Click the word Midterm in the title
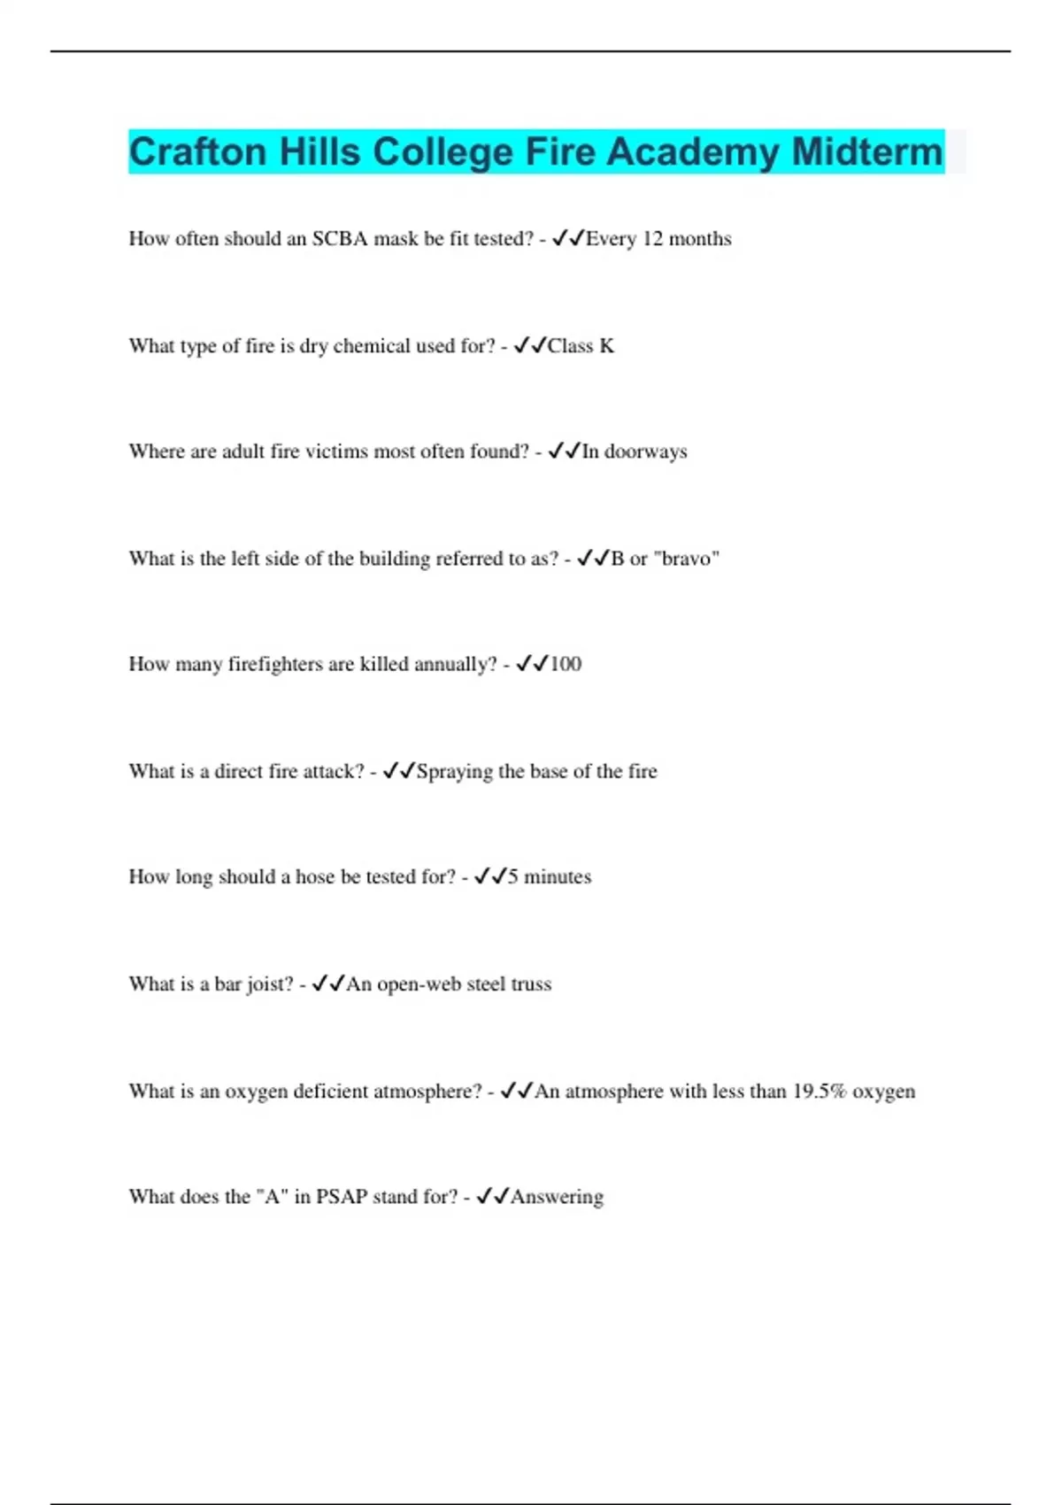coord(867,152)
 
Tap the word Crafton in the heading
coord(197,152)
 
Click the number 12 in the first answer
coord(652,239)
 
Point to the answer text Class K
coord(581,346)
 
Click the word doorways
coord(645,451)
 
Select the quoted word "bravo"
coord(686,559)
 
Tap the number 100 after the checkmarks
coord(566,664)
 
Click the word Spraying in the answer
coord(454,772)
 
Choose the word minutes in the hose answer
coord(558,876)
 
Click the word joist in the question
coord(269,984)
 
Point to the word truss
coord(531,984)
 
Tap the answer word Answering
coord(557,1197)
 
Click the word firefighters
coord(275,664)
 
